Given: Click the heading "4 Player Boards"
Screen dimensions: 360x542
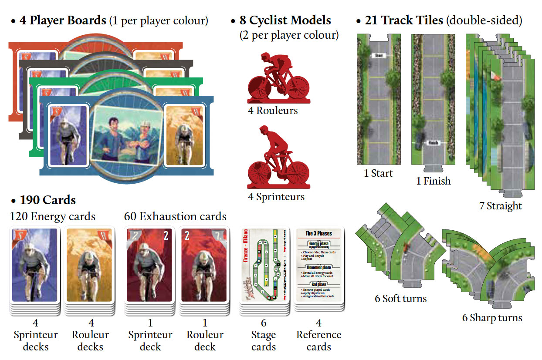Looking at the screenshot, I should coord(63,20).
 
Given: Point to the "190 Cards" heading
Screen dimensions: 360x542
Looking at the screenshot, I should coord(47,200).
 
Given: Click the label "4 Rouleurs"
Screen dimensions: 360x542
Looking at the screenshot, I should coord(273,111).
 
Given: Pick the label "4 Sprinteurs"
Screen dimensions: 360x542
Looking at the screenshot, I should coord(276,197).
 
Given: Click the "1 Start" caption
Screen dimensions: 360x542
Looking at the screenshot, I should coord(378,173).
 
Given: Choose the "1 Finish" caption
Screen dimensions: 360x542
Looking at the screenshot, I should coord(433,181).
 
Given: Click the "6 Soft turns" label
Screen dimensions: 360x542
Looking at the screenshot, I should coord(400,299).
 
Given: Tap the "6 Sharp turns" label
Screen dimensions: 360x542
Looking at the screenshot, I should coord(491,318).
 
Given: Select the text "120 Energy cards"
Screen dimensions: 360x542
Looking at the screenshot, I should coord(52,216).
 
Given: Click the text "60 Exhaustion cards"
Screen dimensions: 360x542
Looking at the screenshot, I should coord(175,216).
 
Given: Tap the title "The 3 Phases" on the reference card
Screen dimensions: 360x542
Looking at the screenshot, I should coord(318,233).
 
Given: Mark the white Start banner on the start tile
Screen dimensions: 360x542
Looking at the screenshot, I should coord(377,55).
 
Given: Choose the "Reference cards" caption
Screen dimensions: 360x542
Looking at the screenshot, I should coord(318,341).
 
